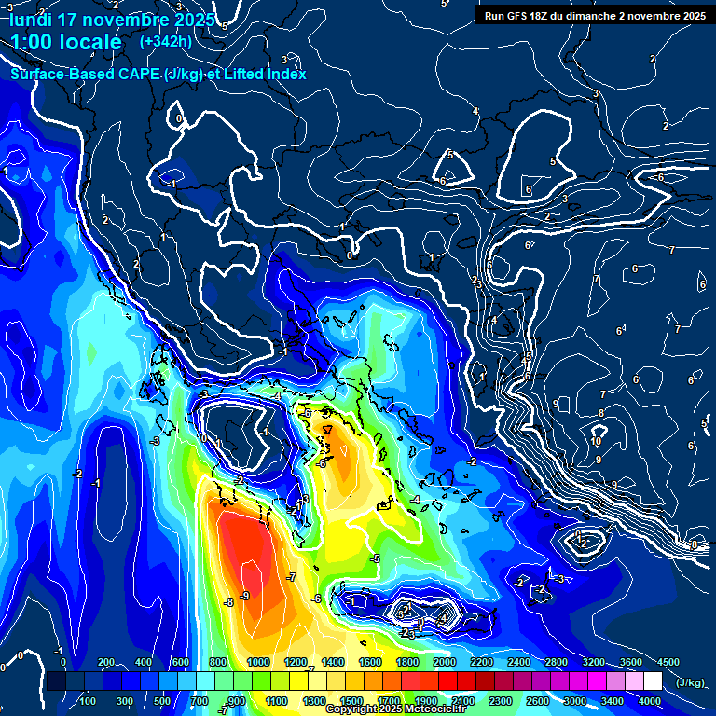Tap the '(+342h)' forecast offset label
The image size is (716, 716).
[x=166, y=41]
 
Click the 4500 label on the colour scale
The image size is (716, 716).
[x=668, y=662]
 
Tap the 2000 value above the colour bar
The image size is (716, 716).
[x=445, y=662]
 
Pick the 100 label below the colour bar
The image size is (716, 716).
[x=88, y=701]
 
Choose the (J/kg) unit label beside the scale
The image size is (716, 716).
[x=689, y=682]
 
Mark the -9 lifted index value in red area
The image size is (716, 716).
[x=245, y=595]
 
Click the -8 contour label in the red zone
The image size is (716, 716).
[x=228, y=603]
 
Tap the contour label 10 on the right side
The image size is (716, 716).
[x=596, y=442]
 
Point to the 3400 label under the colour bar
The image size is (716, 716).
[x=613, y=701]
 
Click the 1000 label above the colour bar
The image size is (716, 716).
[x=258, y=662]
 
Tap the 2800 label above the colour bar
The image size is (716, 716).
[x=557, y=662]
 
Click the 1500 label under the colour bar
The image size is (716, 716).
[x=351, y=701]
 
